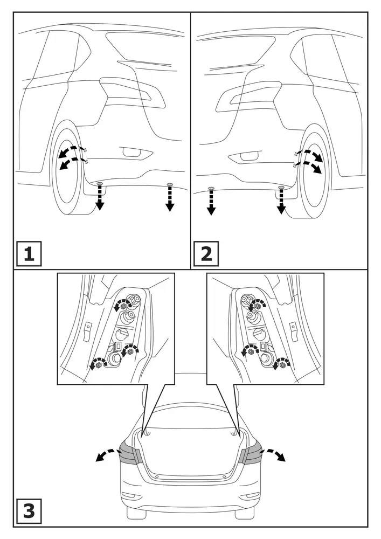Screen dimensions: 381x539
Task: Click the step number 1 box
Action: [x=29, y=254]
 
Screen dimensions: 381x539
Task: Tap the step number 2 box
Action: [x=206, y=254]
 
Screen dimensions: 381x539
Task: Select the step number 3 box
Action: [x=29, y=511]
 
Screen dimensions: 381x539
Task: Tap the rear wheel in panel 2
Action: [x=312, y=175]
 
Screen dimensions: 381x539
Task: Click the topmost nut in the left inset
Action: [x=124, y=305]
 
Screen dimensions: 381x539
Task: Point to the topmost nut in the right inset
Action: [x=257, y=305]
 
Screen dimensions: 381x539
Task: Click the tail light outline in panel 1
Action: [x=132, y=93]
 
